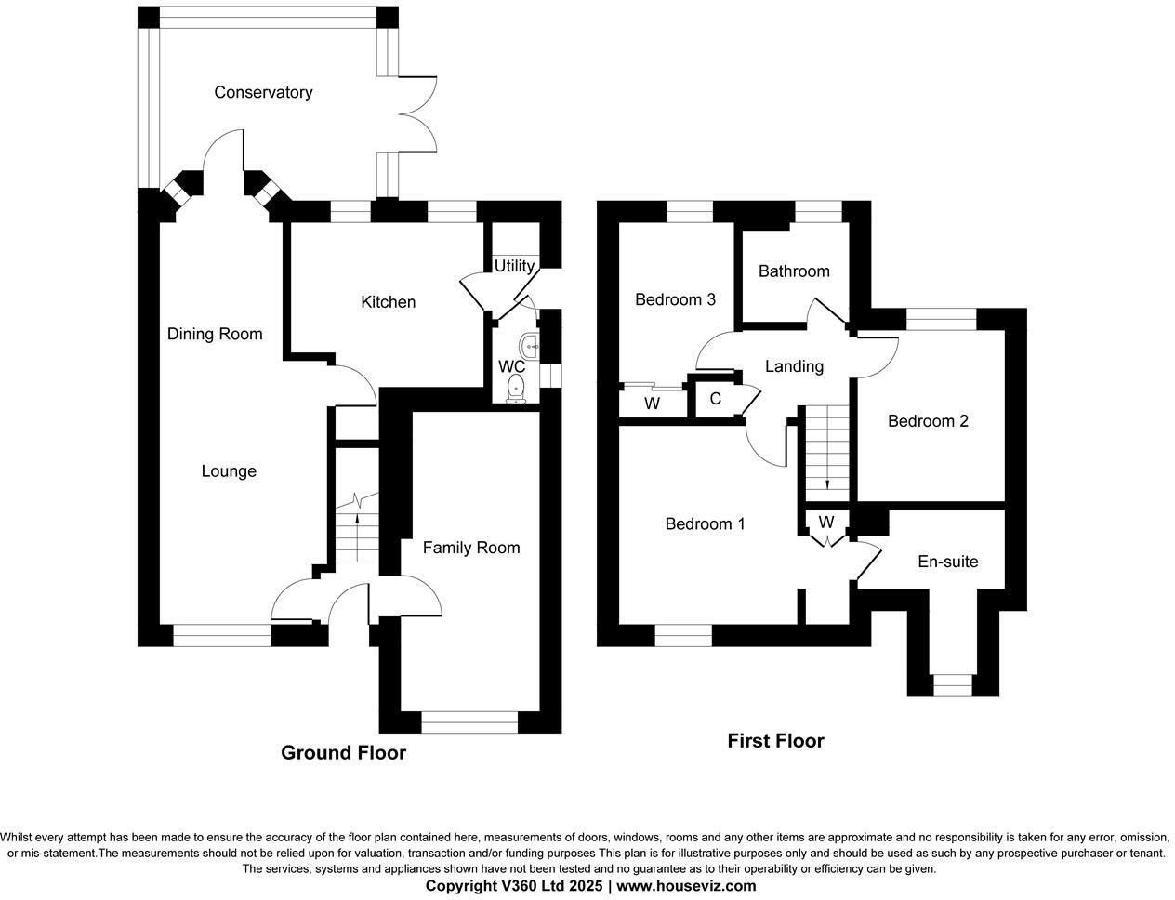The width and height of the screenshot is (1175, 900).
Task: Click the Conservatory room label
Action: (x=263, y=92)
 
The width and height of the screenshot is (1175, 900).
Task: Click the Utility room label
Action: (x=514, y=266)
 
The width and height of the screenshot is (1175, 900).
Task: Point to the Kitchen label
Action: (x=388, y=302)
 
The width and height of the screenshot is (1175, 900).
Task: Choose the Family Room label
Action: (x=470, y=548)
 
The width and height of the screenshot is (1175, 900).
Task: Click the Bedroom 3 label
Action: (x=675, y=299)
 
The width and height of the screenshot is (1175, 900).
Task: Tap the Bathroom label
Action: (x=794, y=271)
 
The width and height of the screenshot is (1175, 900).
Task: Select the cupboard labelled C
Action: (x=715, y=400)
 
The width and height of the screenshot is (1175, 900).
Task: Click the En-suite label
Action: (x=947, y=562)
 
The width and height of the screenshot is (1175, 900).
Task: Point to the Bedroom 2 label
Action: (x=928, y=421)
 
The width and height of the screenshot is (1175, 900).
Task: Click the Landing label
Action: (x=794, y=366)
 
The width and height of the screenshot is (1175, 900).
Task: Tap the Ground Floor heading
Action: (x=343, y=752)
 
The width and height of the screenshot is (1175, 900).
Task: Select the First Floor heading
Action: (x=775, y=741)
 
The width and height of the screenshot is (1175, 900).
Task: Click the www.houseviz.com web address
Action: (x=686, y=886)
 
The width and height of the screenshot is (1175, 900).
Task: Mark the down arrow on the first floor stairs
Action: (x=827, y=483)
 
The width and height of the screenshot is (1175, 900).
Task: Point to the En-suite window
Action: (x=951, y=686)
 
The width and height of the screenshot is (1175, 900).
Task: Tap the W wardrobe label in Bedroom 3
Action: (x=653, y=404)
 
